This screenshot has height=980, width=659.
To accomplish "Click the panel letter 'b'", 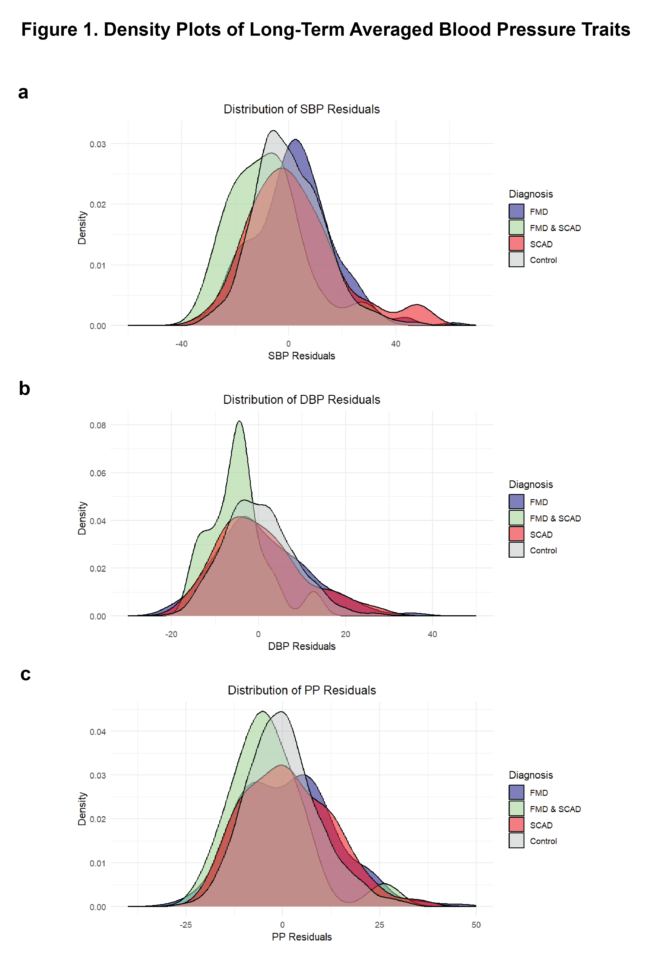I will [x=24, y=388].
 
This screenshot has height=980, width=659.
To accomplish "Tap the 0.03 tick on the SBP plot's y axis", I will [x=98, y=144].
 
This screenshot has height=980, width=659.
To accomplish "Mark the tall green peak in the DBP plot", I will [x=239, y=425].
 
